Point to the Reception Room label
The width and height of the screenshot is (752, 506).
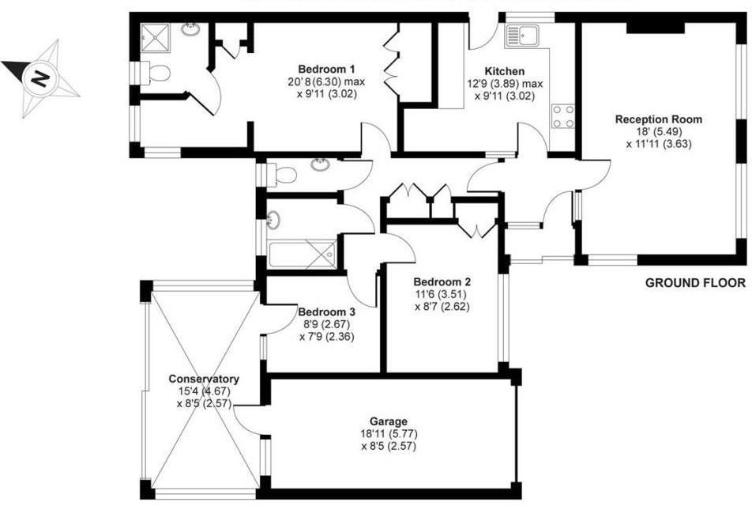click(658, 120)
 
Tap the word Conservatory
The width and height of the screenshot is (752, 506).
click(204, 379)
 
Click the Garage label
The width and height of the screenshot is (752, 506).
click(387, 421)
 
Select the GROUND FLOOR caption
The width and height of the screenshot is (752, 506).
click(695, 282)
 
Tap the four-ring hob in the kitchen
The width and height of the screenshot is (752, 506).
click(564, 117)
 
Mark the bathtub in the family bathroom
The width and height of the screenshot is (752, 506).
click(303, 255)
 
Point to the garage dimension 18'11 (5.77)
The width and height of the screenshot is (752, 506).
click(387, 434)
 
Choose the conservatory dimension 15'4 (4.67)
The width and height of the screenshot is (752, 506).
click(204, 391)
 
